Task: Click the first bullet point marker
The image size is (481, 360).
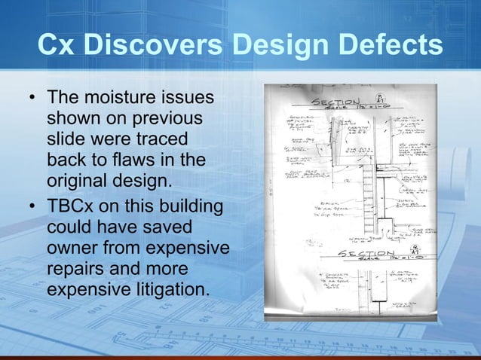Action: pyautogui.click(x=32, y=99)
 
